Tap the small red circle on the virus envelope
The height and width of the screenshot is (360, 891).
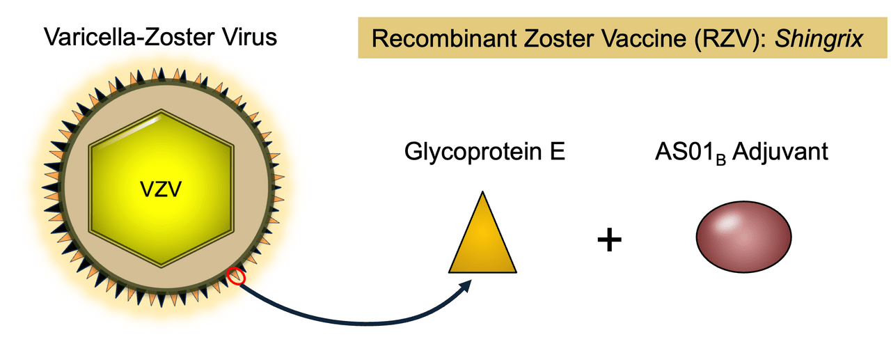[x=237, y=276]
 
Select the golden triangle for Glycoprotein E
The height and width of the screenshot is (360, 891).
[x=482, y=240]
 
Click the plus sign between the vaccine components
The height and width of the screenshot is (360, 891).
[x=609, y=240]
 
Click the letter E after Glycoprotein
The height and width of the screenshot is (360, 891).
[x=557, y=152]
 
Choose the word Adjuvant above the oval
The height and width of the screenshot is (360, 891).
[x=787, y=152]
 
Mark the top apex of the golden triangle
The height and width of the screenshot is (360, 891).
[x=482, y=193]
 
